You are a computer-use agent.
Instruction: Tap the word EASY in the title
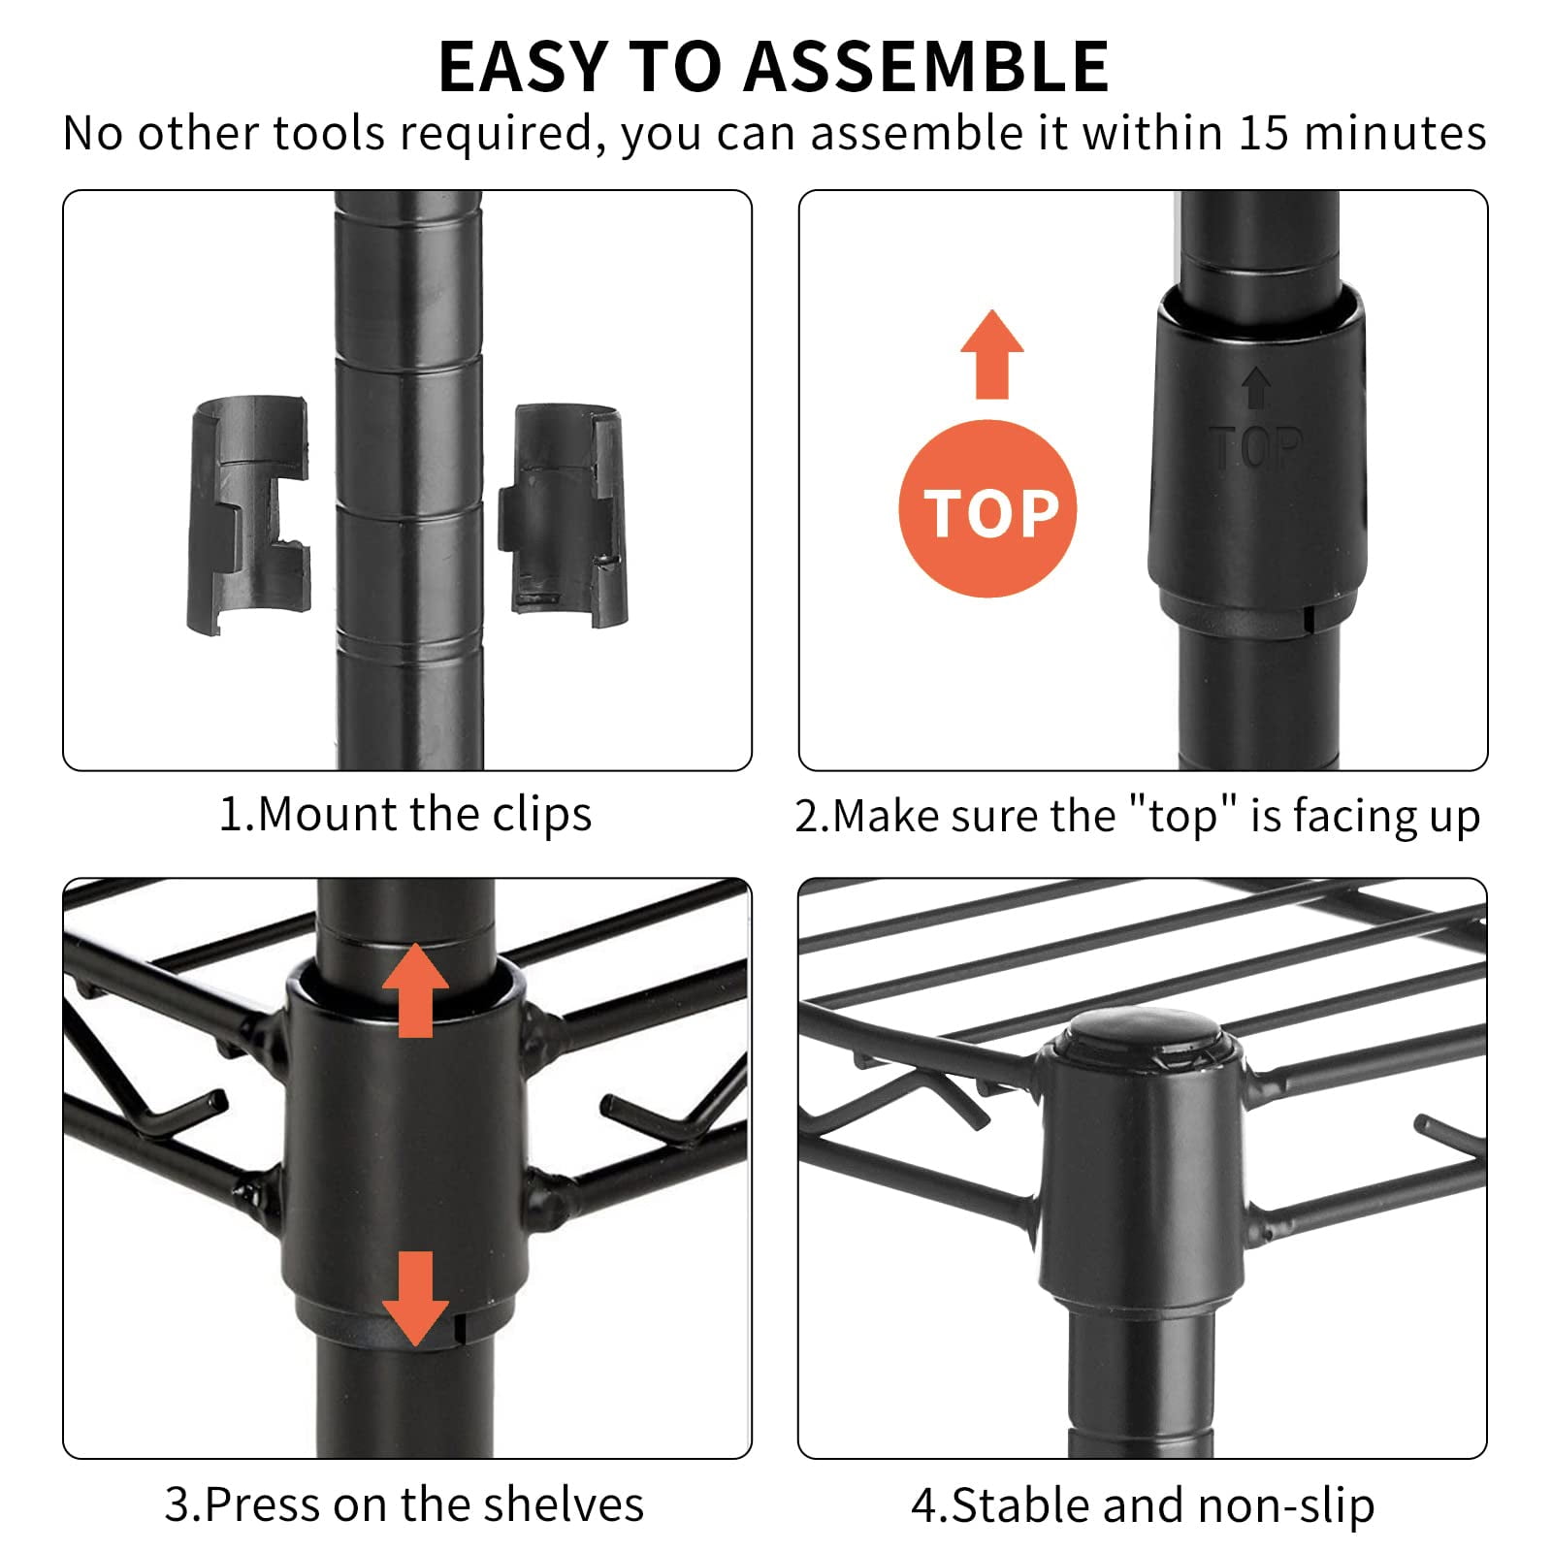(524, 67)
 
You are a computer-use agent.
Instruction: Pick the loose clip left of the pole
(248, 516)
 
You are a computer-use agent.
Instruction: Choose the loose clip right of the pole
(563, 516)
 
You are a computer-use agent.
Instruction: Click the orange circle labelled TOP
(988, 510)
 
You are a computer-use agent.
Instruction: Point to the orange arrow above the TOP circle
(992, 355)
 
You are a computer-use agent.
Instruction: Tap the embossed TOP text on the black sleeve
(1256, 448)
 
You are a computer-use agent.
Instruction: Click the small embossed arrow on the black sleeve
(1257, 388)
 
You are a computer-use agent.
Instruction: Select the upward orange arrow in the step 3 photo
(416, 990)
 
